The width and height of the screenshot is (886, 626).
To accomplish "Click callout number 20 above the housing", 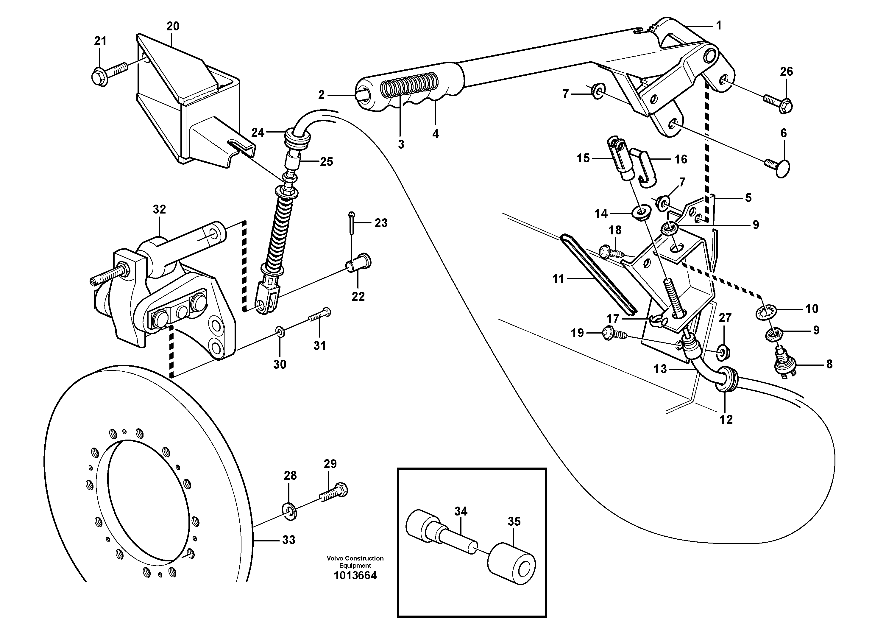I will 173,26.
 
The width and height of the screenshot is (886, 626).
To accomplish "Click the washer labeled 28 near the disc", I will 289,511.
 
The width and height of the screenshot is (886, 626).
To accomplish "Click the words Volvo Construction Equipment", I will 355,562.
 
